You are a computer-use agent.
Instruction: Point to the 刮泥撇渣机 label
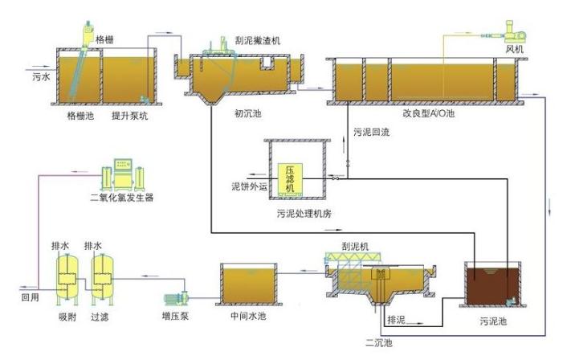tap(259, 40)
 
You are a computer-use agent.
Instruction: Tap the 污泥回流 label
tap(372, 132)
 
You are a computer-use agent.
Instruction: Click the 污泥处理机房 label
tap(298, 214)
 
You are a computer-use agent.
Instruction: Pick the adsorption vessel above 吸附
tap(64, 275)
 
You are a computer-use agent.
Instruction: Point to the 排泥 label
tap(396, 320)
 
